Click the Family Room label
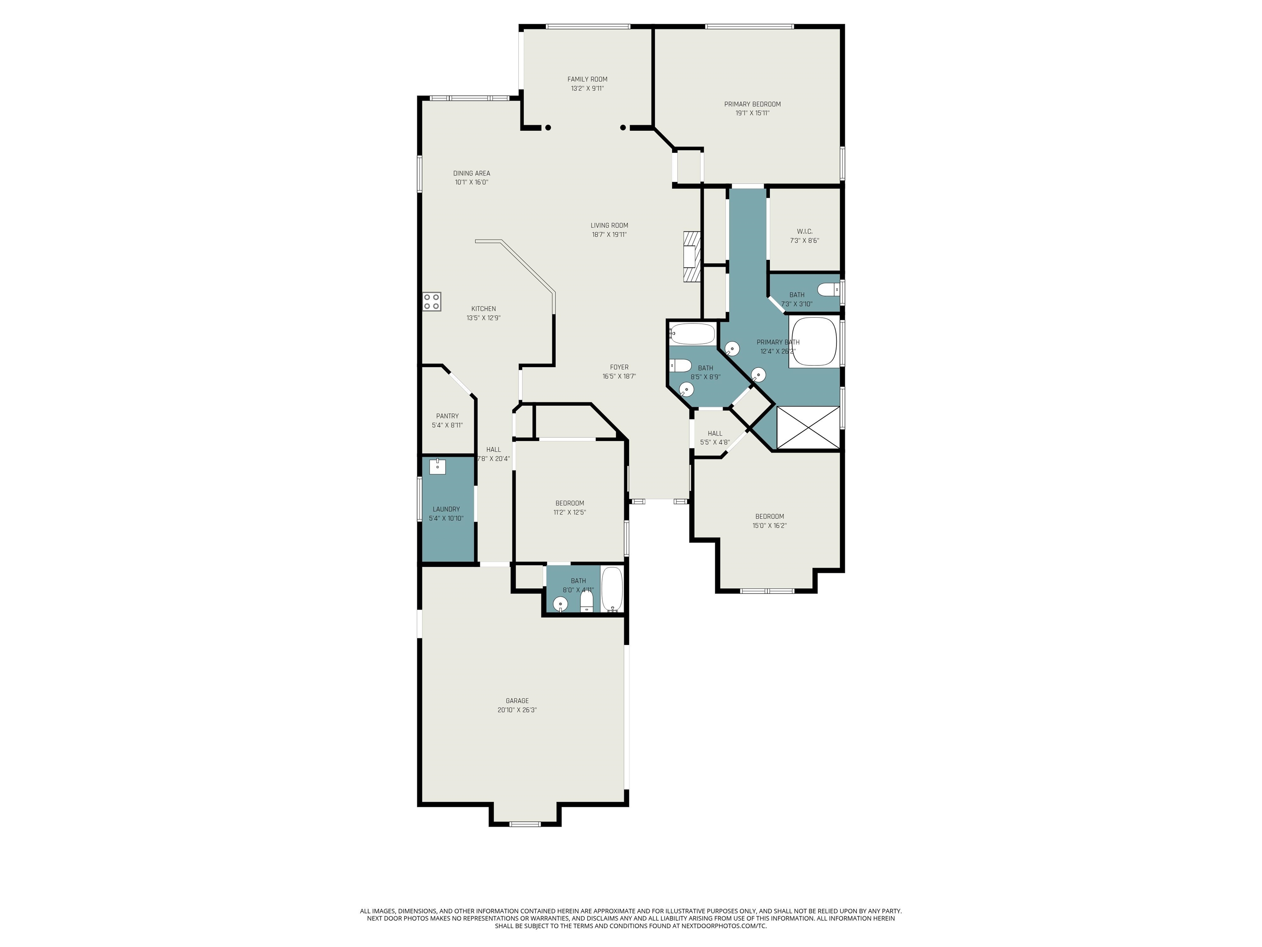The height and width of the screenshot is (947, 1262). pos(587,79)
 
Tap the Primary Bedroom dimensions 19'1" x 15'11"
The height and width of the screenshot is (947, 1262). pos(753,113)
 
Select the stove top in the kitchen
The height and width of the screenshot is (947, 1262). pos(432,301)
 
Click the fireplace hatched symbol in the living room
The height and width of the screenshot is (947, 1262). pos(691,256)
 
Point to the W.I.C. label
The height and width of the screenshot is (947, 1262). pos(804,231)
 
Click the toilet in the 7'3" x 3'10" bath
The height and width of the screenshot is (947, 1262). pos(829,290)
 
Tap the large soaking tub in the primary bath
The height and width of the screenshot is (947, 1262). pos(813,341)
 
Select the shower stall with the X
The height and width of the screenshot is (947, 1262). pos(808,427)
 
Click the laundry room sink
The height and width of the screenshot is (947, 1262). pos(438,467)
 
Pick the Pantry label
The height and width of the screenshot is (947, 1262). pos(447,416)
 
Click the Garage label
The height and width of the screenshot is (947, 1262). pos(517,701)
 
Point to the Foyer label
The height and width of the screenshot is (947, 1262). pos(619,367)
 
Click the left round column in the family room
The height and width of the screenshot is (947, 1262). pos(548,128)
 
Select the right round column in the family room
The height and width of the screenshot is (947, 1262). pos(624,128)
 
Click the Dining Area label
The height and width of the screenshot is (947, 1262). pos(471,173)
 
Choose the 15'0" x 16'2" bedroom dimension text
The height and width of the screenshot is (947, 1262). pos(769,526)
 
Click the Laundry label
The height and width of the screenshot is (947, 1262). pos(446,509)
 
